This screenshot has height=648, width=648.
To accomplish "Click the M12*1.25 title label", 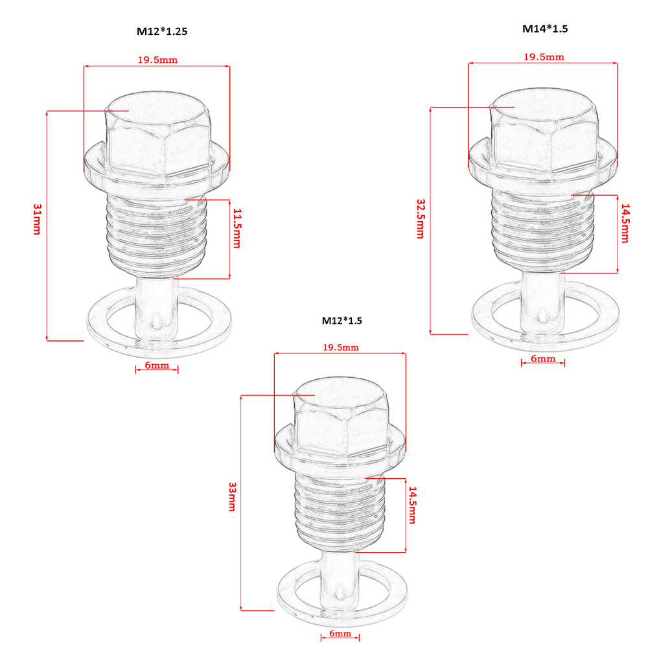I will pos(163,30).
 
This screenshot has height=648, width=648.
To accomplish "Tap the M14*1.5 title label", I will pos(545,29).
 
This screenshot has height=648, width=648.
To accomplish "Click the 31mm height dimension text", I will pos(36,219).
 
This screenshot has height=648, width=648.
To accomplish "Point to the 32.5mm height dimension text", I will pos(420,218).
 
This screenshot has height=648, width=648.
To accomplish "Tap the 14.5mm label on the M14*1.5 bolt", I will pos(625,224).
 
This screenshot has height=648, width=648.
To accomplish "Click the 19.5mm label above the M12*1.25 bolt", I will pos(157,60).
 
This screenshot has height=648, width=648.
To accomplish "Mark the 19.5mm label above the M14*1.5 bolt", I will pos(544,56).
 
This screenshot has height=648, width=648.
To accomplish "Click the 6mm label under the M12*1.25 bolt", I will pos(157,365).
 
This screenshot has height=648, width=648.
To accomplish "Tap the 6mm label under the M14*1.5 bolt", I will pos(543,358).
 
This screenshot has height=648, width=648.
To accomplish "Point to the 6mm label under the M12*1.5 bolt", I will pos(339,633).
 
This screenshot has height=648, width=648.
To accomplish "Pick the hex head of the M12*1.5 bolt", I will pos(340,424).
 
